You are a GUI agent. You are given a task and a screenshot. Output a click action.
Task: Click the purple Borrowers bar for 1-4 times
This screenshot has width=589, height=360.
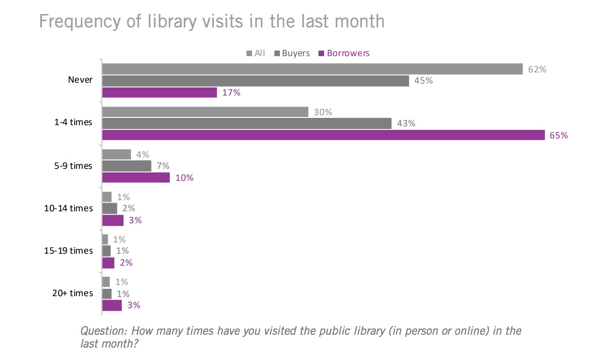coord(323,135)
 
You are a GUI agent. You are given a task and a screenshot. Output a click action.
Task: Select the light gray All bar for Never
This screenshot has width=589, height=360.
coord(312,69)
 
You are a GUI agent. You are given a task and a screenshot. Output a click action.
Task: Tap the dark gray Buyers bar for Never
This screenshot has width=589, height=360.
coord(255,81)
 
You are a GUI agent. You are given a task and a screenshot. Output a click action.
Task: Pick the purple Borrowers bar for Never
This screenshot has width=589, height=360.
coord(159,92)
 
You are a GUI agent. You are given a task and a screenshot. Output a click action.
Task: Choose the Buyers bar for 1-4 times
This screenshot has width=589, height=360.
coord(246,123)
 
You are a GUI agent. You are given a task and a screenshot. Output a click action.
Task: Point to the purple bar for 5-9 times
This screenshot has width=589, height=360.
coord(136,177)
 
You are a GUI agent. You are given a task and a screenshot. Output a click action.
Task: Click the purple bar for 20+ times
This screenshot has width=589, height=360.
coord(112,305)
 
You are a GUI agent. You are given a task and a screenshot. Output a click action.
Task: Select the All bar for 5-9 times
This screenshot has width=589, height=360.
coord(117,154)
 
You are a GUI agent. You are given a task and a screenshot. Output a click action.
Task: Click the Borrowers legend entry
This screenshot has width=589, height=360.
coord(348,54)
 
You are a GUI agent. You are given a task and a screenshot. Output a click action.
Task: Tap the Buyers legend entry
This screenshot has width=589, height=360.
coord(295,54)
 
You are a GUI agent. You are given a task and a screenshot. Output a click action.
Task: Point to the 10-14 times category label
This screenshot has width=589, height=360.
coord(69,208)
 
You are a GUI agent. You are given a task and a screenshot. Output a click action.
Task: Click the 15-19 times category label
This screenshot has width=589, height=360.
coord(69,251)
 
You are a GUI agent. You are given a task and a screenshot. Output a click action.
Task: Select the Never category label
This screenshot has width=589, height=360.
coord(80,80)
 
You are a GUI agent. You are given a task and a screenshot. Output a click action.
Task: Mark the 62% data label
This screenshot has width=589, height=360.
coord(537,69)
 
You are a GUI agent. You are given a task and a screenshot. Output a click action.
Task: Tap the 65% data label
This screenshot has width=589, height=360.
coord(559,135)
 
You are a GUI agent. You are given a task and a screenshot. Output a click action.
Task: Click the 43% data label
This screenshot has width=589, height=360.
coord(406,124)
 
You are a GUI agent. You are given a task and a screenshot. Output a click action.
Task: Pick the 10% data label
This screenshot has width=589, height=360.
coord(184,178)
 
